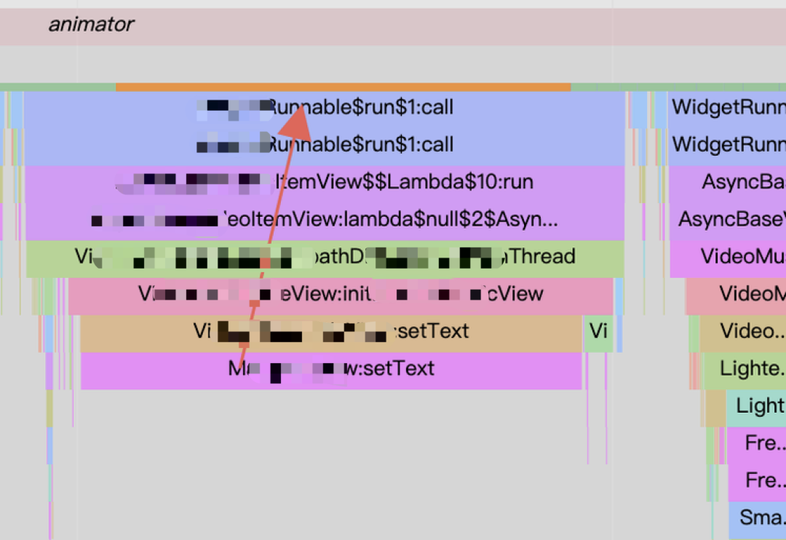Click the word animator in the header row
coord(91,25)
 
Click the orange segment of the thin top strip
coord(342,87)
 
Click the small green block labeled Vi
coord(598,332)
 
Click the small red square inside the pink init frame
coord(254,301)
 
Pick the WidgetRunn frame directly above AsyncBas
coord(728,145)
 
